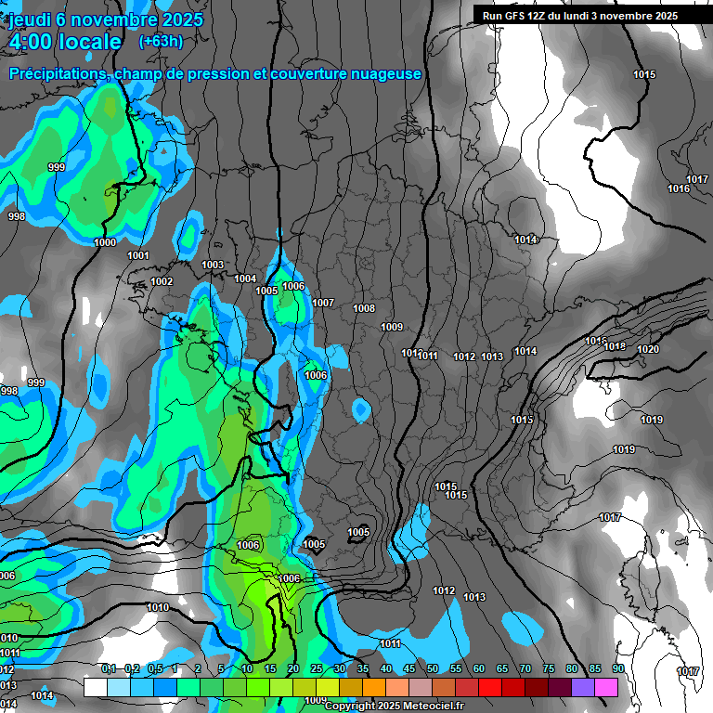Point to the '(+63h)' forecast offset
click(x=162, y=41)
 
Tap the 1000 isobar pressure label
click(x=106, y=242)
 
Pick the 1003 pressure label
click(x=213, y=266)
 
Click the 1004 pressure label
click(x=245, y=279)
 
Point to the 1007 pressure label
click(x=323, y=303)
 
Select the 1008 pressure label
click(x=364, y=308)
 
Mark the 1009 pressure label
click(x=392, y=327)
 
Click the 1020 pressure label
click(x=648, y=349)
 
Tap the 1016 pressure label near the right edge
click(x=678, y=189)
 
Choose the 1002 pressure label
click(x=162, y=281)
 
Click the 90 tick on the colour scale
click(x=617, y=669)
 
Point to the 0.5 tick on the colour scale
click(x=154, y=669)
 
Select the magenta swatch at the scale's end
click(x=606, y=687)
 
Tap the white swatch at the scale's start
click(x=95, y=687)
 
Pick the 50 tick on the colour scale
click(x=433, y=669)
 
